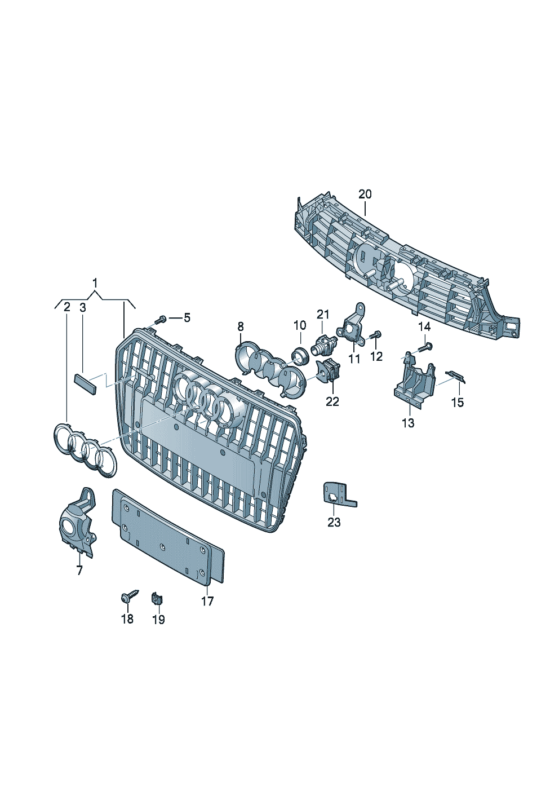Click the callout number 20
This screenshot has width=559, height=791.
pos(365,194)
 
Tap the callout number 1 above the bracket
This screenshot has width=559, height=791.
pos(95,283)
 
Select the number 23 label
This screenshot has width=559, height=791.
pos(334,522)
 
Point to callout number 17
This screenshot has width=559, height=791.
pos(207,601)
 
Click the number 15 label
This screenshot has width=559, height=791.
pos(458,402)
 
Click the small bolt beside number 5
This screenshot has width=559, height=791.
pos(161,320)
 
